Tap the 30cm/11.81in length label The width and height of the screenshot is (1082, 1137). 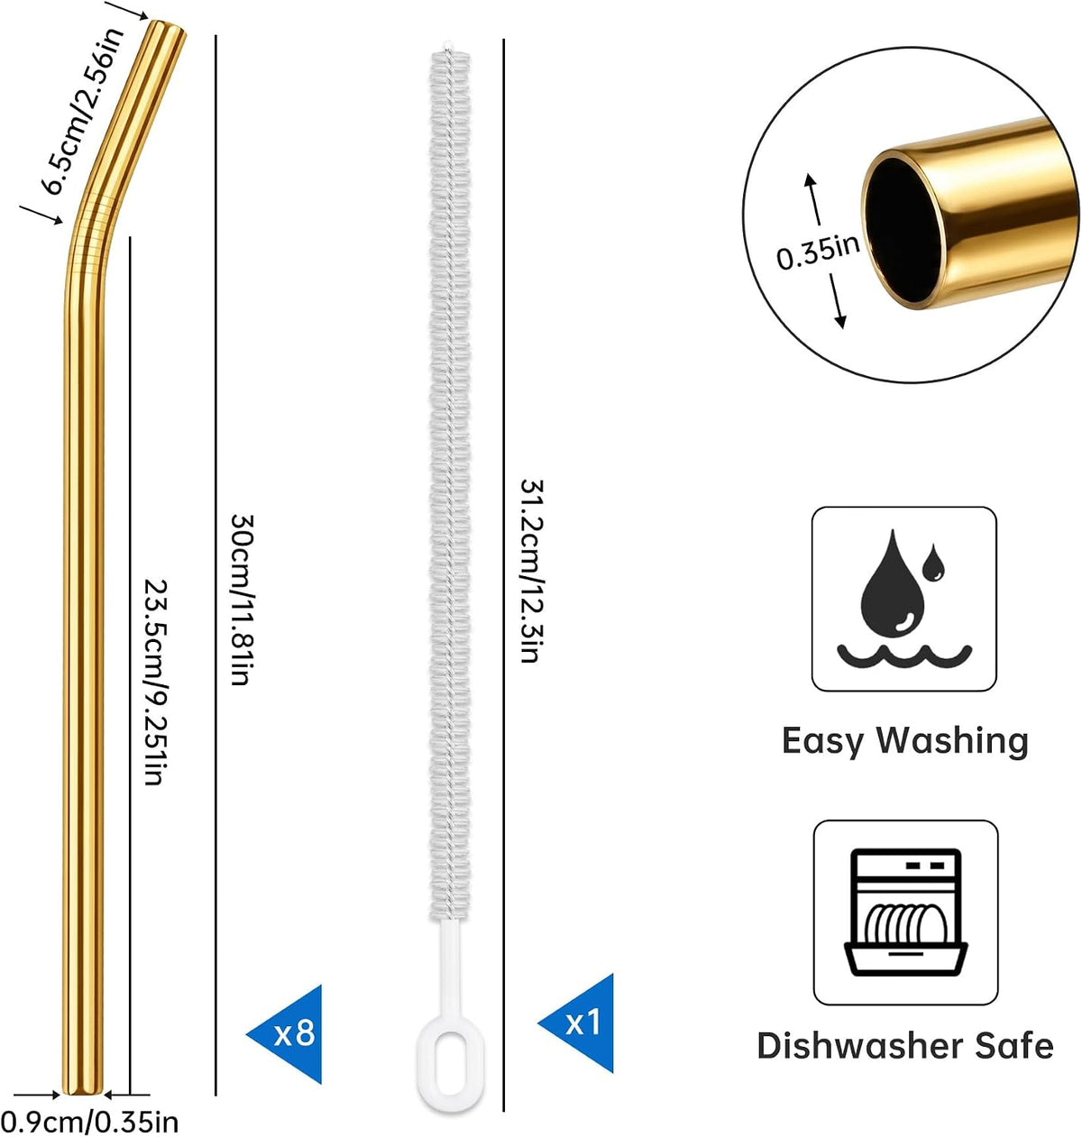point(243,600)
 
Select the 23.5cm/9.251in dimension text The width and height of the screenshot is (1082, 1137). point(155,682)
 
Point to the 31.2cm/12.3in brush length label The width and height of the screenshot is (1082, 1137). point(531,570)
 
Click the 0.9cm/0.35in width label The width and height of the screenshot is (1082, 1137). point(89,1122)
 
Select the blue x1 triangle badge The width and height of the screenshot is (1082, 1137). point(576,1023)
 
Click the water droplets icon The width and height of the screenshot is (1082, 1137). point(903,599)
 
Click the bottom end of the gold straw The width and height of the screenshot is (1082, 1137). point(83,1092)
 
